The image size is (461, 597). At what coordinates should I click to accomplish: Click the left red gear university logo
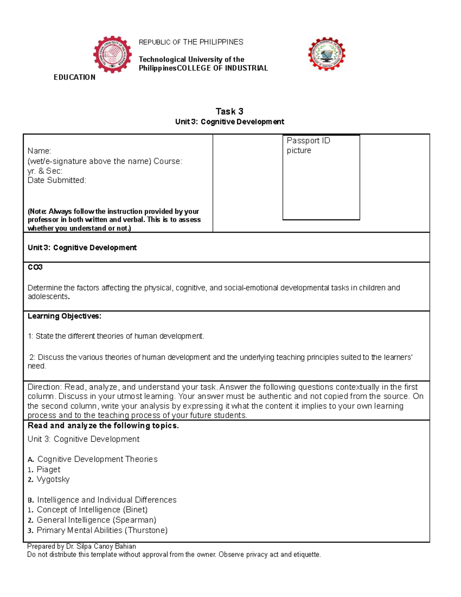(x=113, y=55)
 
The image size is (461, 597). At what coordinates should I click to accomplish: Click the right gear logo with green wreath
(x=327, y=54)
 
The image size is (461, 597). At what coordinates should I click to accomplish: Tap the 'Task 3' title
(x=229, y=111)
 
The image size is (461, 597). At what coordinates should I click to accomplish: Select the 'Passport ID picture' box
(x=321, y=178)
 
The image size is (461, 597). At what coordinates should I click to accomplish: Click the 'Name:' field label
(x=39, y=151)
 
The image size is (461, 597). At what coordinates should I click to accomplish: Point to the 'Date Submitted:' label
(x=57, y=180)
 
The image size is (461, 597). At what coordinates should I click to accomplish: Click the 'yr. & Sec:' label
(x=45, y=171)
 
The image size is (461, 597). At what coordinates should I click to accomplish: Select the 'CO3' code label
(x=35, y=267)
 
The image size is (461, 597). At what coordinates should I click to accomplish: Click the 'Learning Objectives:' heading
(x=65, y=316)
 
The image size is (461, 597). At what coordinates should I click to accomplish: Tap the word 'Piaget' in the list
(x=48, y=469)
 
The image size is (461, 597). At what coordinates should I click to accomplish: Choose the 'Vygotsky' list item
(x=53, y=479)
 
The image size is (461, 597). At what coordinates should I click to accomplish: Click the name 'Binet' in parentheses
(x=135, y=510)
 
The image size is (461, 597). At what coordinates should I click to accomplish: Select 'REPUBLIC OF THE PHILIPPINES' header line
(x=191, y=42)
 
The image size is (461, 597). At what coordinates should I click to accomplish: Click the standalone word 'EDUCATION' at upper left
(x=75, y=77)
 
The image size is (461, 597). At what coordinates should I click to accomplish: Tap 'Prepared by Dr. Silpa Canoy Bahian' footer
(x=81, y=546)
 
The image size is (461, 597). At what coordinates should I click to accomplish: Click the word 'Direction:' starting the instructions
(x=45, y=387)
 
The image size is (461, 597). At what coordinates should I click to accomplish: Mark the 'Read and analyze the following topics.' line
(x=103, y=426)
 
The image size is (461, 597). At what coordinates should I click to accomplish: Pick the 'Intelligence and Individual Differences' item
(x=106, y=500)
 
